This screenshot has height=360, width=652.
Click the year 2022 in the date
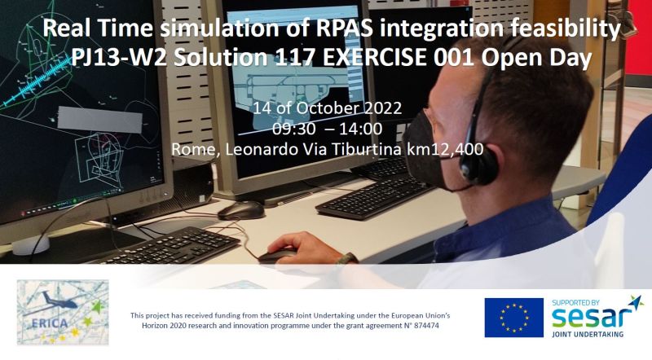383,108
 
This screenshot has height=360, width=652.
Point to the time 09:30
294,129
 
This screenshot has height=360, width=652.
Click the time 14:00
361,129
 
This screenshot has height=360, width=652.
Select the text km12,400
444,149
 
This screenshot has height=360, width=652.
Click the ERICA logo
63,312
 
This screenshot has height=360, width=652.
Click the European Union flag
514,318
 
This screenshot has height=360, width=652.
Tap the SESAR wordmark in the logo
593,318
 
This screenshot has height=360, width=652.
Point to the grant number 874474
425,326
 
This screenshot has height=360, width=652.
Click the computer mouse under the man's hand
278,254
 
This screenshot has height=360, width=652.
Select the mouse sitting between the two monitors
241,210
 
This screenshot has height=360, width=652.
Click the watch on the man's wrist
347,259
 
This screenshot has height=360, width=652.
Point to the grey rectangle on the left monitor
99,119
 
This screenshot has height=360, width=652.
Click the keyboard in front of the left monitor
166,246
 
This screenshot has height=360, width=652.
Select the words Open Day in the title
536,59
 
